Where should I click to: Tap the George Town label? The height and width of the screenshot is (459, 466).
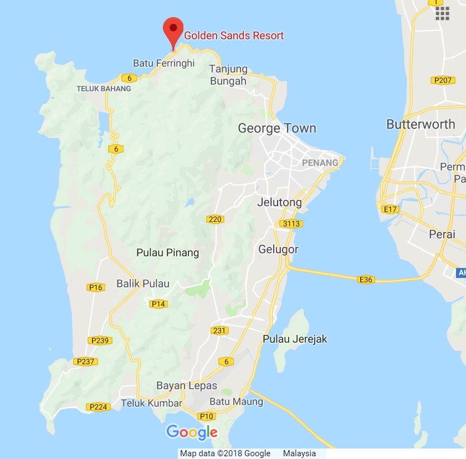point(277,128)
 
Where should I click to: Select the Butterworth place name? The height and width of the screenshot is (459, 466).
point(421,124)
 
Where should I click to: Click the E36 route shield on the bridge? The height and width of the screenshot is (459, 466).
point(366,280)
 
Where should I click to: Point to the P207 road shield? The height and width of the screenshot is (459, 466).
point(444,80)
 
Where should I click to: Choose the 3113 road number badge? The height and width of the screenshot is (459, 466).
point(290,224)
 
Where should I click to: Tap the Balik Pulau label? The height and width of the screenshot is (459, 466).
point(143,283)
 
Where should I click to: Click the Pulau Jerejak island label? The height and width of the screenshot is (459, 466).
point(295,339)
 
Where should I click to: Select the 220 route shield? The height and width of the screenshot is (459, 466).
point(215,219)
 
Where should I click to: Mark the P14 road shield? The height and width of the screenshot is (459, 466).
point(159,303)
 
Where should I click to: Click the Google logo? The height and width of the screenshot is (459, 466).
point(192,432)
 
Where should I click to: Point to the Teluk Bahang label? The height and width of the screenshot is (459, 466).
point(104,89)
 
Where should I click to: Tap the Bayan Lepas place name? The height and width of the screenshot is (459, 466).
point(187,386)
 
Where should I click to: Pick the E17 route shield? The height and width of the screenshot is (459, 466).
point(390,209)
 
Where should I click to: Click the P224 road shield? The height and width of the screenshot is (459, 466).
point(98,407)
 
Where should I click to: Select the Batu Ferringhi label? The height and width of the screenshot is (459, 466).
point(164,63)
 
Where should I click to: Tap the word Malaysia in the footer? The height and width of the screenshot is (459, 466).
point(299,453)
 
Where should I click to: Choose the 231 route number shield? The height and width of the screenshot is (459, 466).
point(219,331)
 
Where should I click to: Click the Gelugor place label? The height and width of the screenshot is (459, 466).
point(278,250)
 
